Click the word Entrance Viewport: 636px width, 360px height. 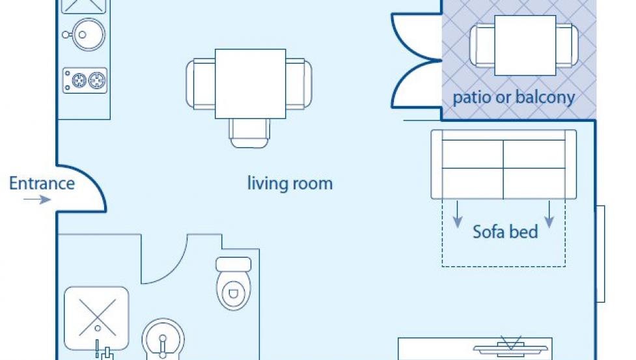pyautogui.click(x=42, y=183)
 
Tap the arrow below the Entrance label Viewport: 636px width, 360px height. pyautogui.click(x=37, y=199)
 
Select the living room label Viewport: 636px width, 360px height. pyautogui.click(x=290, y=183)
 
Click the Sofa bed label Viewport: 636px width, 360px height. pyautogui.click(x=505, y=232)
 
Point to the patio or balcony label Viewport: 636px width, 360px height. pyautogui.click(x=514, y=97)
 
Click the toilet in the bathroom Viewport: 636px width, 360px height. pyautogui.click(x=233, y=283)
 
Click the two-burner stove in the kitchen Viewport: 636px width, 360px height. pyautogui.click(x=85, y=80)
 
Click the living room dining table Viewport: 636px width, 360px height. pyautogui.click(x=250, y=84)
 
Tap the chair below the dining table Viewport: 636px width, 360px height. pyautogui.click(x=249, y=133)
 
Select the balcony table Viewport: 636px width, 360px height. pyautogui.click(x=525, y=46)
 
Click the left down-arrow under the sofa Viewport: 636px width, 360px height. pyautogui.click(x=458, y=214)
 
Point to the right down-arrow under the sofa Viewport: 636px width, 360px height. pyautogui.click(x=549, y=214)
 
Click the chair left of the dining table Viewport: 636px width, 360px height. pyautogui.click(x=200, y=84)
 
